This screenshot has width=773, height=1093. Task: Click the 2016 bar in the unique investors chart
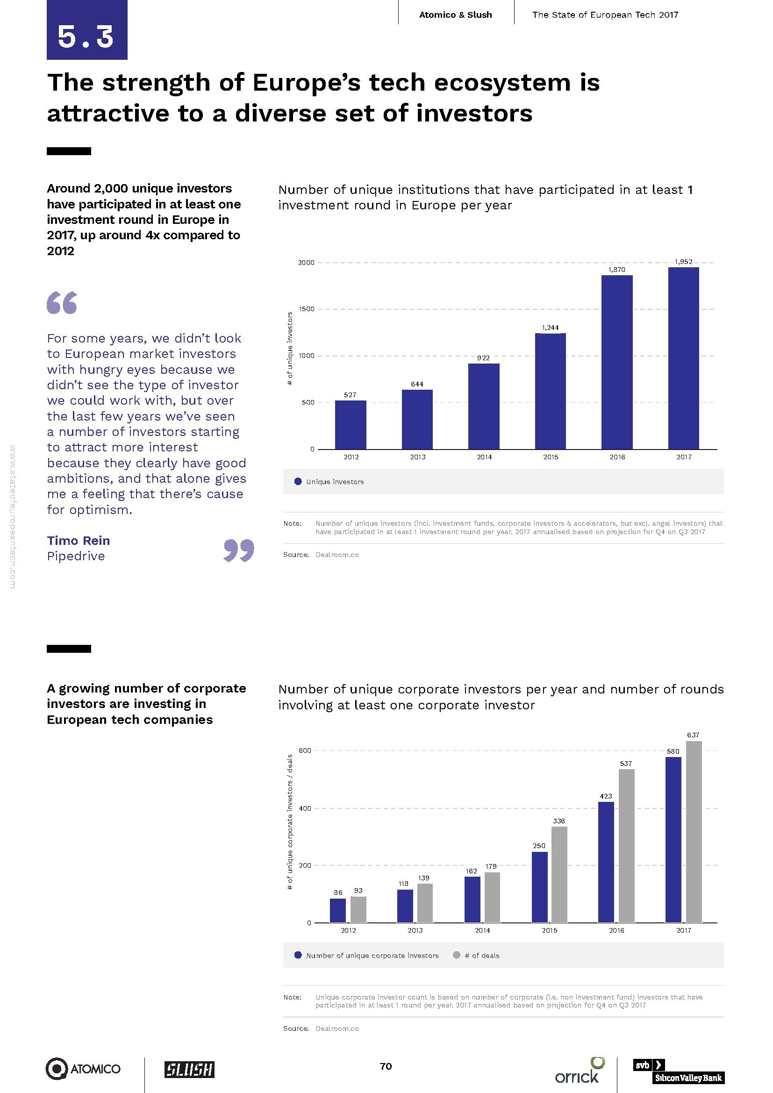click(617, 362)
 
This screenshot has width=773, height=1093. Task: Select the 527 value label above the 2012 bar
click(350, 395)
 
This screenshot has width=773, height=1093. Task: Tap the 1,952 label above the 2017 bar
click(684, 262)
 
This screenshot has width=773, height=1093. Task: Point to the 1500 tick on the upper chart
click(307, 309)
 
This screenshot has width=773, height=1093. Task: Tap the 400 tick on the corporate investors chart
click(305, 808)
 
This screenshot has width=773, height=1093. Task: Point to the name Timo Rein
click(79, 540)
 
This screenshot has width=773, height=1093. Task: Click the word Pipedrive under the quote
click(76, 556)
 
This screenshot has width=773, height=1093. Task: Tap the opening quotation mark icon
click(62, 303)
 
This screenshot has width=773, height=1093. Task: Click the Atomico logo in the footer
click(83, 1069)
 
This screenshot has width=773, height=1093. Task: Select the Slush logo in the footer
click(189, 1070)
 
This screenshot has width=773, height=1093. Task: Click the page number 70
click(386, 1066)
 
